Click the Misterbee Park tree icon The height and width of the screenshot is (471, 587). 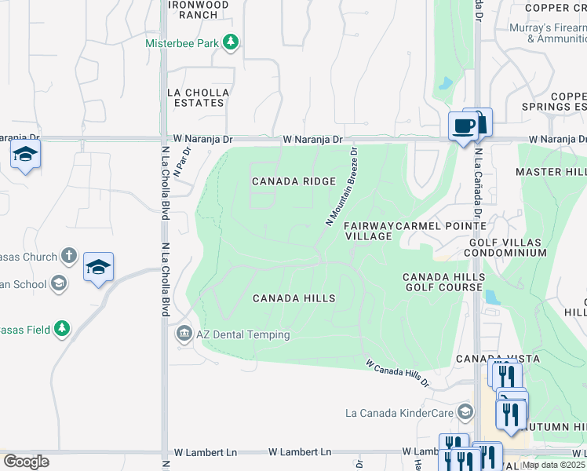(231, 43)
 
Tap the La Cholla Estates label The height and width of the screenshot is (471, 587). (199, 97)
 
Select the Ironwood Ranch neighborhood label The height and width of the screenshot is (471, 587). (199, 9)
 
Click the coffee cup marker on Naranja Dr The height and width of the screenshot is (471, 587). (462, 126)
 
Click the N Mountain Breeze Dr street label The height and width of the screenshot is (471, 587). (341, 188)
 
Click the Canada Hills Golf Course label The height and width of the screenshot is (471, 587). (443, 282)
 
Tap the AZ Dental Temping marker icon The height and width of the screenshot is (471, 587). (184, 334)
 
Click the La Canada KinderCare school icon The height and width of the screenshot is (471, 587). (465, 412)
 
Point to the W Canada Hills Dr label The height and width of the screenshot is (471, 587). (397, 373)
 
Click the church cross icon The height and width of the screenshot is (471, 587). (69, 256)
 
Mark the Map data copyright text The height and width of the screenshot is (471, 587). (553, 465)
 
